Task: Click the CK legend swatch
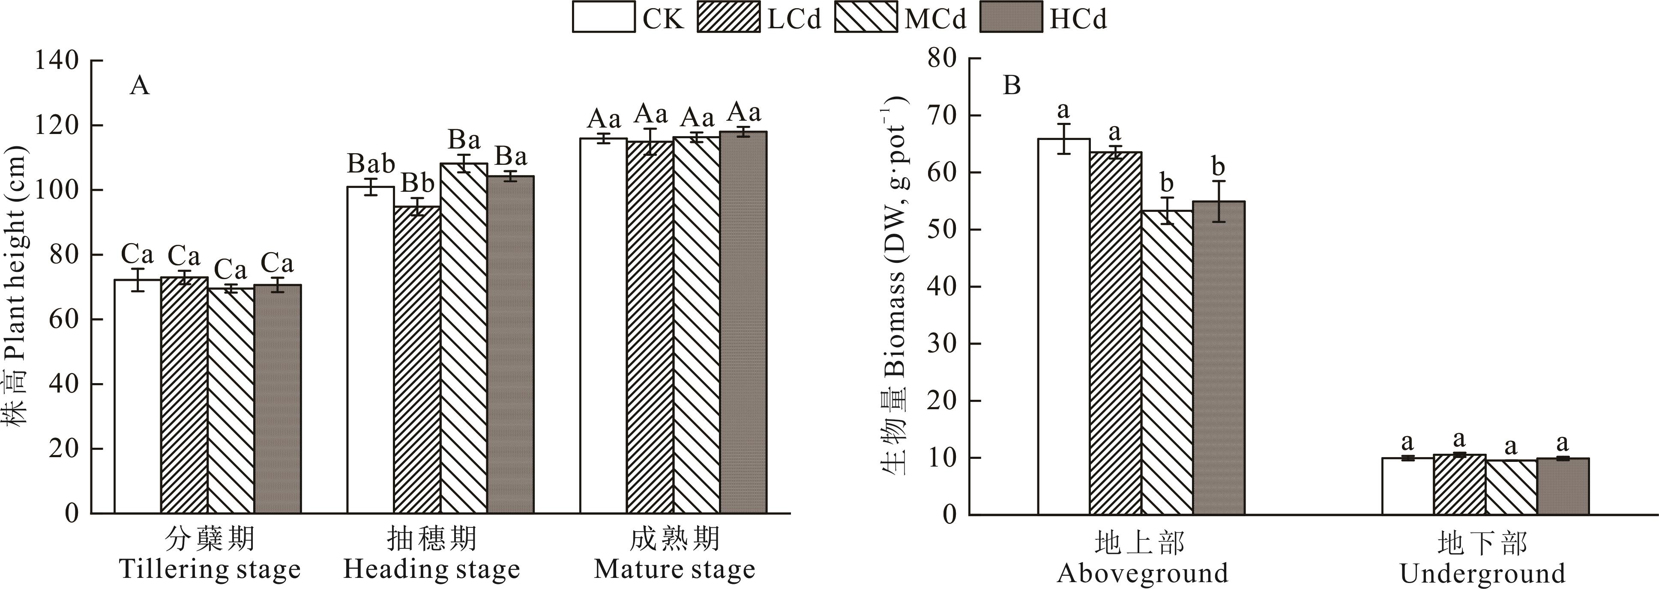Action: pyautogui.click(x=603, y=18)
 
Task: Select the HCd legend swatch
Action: pyautogui.click(x=1010, y=18)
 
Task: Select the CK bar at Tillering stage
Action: pyautogui.click(x=138, y=396)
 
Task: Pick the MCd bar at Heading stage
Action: pyautogui.click(x=464, y=338)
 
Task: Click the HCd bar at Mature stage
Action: pyautogui.click(x=743, y=322)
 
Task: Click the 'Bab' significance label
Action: pyautogui.click(x=371, y=164)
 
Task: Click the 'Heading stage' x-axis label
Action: pyautogui.click(x=431, y=569)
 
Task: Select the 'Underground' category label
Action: pyautogui.click(x=1482, y=573)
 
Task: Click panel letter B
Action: pyautogui.click(x=1012, y=86)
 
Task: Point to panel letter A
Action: pyautogui.click(x=139, y=86)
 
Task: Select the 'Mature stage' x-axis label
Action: pyautogui.click(x=674, y=569)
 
